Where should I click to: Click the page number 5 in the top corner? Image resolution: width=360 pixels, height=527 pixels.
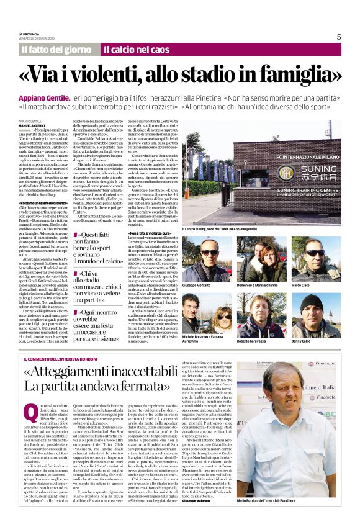339,37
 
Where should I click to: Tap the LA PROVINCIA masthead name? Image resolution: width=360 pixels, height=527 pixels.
29,34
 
